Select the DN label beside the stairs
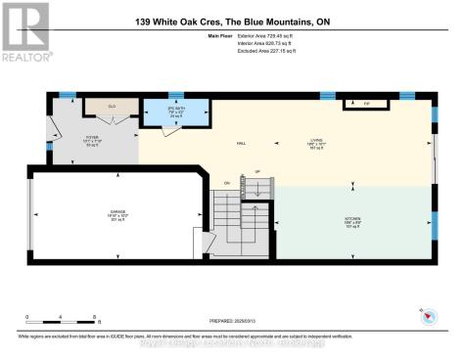pyautogui.click(x=227, y=183)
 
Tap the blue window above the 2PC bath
pyautogui.click(x=174, y=96)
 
